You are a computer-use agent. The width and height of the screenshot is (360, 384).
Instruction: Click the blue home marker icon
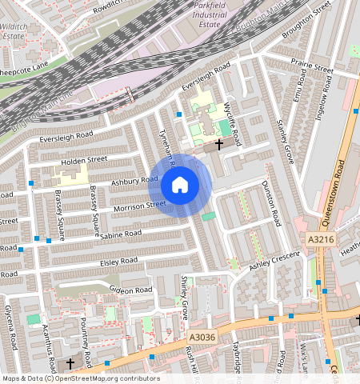coord(180,186)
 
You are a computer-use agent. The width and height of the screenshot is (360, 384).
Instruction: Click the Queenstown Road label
coord(341,171)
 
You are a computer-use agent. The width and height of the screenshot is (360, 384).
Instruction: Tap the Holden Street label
coord(84,160)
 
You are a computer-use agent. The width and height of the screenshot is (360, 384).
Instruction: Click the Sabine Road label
coord(122,234)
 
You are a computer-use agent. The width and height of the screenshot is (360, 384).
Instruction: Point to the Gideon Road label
coord(130,290)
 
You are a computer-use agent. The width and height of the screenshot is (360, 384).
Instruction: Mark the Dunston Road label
coord(271,202)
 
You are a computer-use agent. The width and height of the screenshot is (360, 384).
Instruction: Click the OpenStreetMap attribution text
coord(80,378)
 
